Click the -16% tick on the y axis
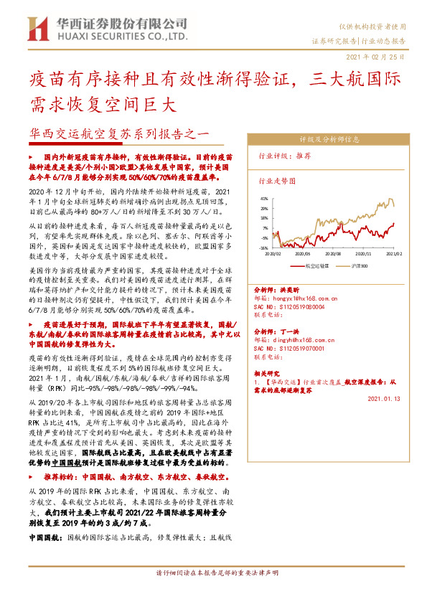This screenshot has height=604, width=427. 263,247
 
